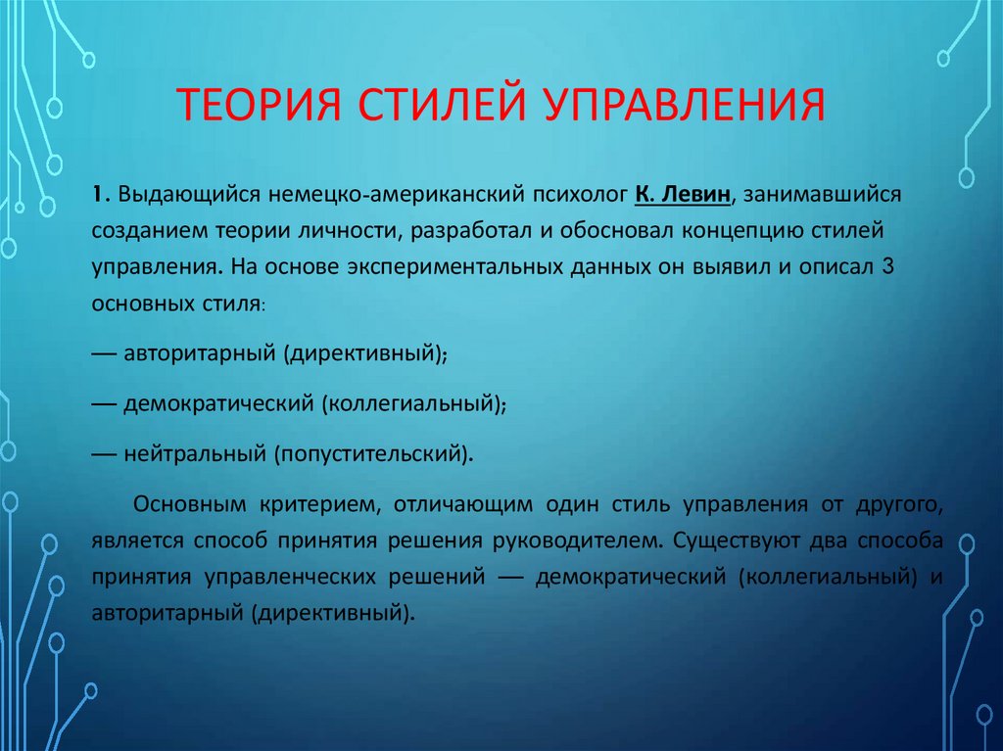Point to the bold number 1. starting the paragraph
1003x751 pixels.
coord(100,193)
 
